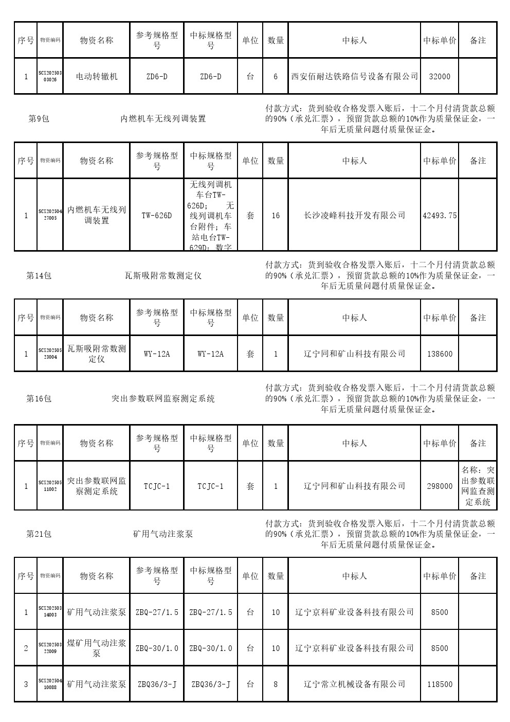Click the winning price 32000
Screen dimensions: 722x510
pos(439,77)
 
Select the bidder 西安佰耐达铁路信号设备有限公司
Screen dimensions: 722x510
pos(354,77)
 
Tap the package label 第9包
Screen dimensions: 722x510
pos(39,119)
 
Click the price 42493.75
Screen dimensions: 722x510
pos(440,216)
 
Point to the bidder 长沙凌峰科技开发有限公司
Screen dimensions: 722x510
pos(354,216)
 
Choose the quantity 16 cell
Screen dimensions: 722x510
pos(276,216)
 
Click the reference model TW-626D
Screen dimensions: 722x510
pos(157,216)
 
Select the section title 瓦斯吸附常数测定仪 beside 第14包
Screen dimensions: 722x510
pos(163,276)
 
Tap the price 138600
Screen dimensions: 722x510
pos(440,354)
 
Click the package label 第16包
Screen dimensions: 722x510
pos(39,399)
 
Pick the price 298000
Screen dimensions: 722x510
pos(440,486)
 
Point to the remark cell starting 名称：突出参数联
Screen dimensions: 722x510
pos(478,486)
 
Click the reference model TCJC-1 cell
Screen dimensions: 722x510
pos(157,486)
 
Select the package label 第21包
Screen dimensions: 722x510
pos(39,534)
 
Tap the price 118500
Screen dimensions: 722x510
pos(440,684)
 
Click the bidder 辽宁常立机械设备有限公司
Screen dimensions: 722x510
pos(354,684)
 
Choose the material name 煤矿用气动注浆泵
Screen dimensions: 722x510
pos(97,648)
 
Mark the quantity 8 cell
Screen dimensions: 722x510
pos(276,684)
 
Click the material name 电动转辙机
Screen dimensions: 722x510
pos(97,77)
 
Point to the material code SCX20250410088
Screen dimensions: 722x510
pos(50,684)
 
